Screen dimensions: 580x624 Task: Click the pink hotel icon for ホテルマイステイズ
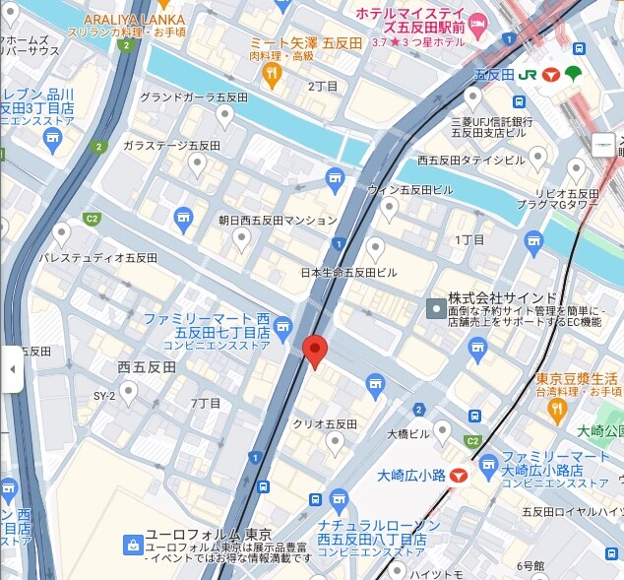(x=478, y=23)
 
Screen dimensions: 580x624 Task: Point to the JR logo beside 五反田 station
(x=527, y=75)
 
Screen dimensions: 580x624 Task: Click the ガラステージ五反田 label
(x=171, y=145)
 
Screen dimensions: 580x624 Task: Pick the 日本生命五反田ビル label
(x=349, y=272)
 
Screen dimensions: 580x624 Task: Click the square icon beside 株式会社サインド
(x=435, y=309)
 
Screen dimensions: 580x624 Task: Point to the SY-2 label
(x=104, y=396)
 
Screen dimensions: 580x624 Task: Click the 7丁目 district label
(x=205, y=403)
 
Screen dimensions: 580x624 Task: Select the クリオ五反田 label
(x=325, y=423)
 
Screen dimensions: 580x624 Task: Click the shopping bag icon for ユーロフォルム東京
(x=132, y=544)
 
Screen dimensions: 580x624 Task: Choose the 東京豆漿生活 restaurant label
(x=577, y=379)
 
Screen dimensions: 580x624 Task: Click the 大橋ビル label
(x=406, y=433)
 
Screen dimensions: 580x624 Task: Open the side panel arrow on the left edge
(x=12, y=368)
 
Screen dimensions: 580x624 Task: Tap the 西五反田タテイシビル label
(x=472, y=160)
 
